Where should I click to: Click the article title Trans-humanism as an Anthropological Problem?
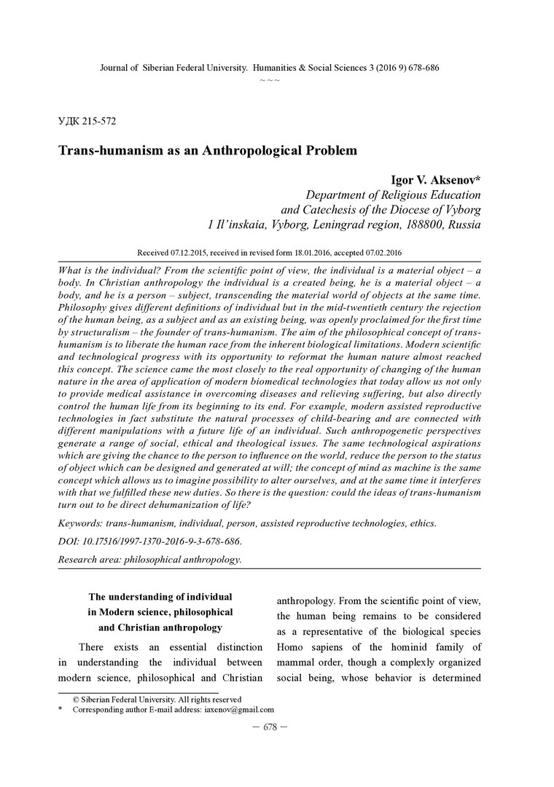pos(207,152)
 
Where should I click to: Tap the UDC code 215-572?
pos(98,121)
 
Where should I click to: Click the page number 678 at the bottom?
pos(270,729)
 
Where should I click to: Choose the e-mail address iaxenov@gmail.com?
pos(238,709)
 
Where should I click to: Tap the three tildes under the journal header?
pos(270,79)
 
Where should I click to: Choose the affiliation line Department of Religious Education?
pos(393,195)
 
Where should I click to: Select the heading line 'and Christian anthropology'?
pos(160,627)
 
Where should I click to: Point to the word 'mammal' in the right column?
pos(299,662)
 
